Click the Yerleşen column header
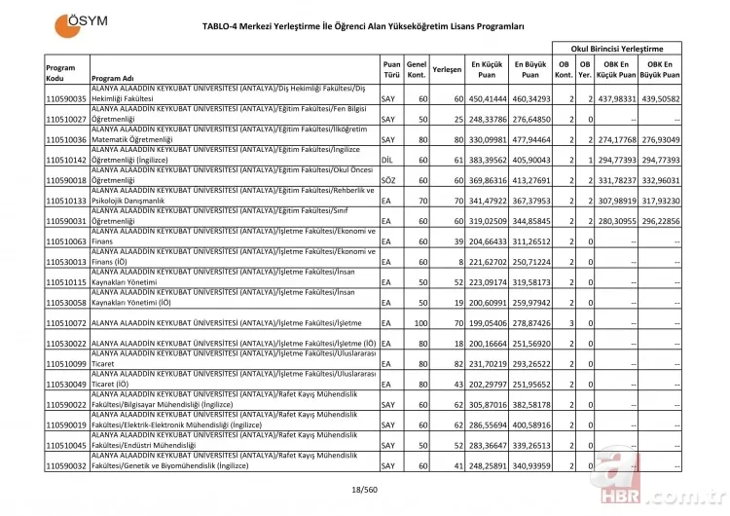[446, 70]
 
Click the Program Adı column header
[113, 78]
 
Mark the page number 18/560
[364, 490]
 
